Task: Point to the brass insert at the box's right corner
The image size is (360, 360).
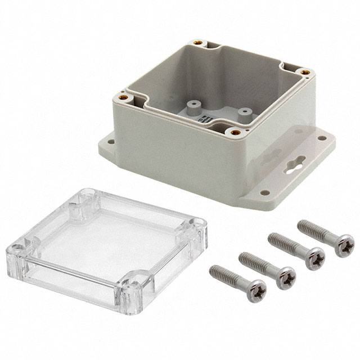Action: [x=304, y=71]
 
